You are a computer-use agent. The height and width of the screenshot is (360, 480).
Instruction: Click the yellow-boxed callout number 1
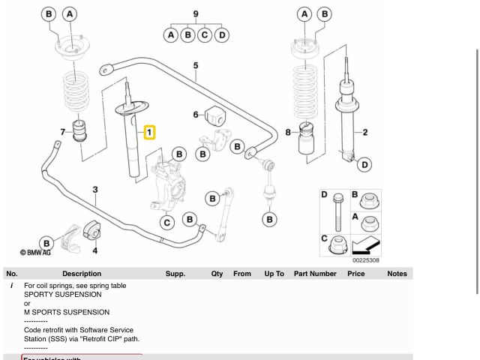pyautogui.click(x=149, y=133)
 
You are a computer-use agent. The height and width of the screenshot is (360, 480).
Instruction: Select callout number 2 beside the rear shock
pyautogui.click(x=364, y=133)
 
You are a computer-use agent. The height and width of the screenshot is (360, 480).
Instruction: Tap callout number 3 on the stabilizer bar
pyautogui.click(x=95, y=190)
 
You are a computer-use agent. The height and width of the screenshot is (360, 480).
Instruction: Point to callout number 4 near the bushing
pyautogui.click(x=95, y=250)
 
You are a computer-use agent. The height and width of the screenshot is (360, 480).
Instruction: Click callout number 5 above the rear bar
pyautogui.click(x=196, y=65)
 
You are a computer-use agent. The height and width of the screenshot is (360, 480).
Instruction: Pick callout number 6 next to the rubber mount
pyautogui.click(x=196, y=115)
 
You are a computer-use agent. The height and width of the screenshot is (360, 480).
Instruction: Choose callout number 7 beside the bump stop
pyautogui.click(x=63, y=133)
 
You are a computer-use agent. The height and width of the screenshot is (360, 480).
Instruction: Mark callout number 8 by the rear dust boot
pyautogui.click(x=288, y=133)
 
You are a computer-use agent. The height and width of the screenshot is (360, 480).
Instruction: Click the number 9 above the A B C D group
pyautogui.click(x=196, y=13)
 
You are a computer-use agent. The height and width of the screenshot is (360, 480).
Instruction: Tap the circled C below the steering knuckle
pyautogui.click(x=168, y=221)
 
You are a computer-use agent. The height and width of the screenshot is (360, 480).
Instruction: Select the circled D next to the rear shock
pyautogui.click(x=364, y=164)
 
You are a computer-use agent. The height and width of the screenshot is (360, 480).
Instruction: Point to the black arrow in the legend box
pyautogui.click(x=366, y=244)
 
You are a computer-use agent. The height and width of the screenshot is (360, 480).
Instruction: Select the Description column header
pyautogui.click(x=82, y=274)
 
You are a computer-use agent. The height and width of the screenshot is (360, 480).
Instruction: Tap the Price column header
pyautogui.click(x=355, y=274)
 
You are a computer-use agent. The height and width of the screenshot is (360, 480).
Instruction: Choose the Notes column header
pyautogui.click(x=397, y=274)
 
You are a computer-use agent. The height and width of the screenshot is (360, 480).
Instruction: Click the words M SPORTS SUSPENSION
pyautogui.click(x=67, y=312)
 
